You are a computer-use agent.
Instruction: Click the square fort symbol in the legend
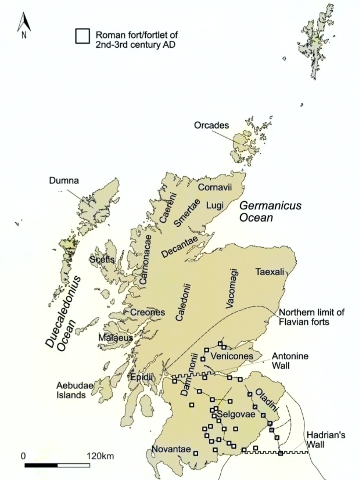[x=82, y=36]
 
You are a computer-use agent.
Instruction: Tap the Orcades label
[x=211, y=125]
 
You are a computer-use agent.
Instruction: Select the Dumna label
[x=64, y=181]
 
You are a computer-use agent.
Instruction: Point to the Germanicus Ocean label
[x=270, y=211]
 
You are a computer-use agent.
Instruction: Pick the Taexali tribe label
[x=270, y=272]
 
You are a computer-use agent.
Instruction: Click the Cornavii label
[x=215, y=187]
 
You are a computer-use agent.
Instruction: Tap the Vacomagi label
[x=232, y=289]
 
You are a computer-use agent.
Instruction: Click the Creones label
[x=147, y=312]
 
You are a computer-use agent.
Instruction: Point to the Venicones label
[x=232, y=356]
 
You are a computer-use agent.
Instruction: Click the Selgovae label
[x=236, y=414]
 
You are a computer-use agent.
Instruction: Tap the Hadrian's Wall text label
[x=326, y=440]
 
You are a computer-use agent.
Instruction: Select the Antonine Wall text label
[x=290, y=361]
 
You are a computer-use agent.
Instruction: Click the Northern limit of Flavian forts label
[x=311, y=317]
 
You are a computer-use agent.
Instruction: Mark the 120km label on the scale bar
[x=100, y=456]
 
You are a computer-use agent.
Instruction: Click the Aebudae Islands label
[x=71, y=390]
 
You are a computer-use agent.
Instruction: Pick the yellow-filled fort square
[x=192, y=405]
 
